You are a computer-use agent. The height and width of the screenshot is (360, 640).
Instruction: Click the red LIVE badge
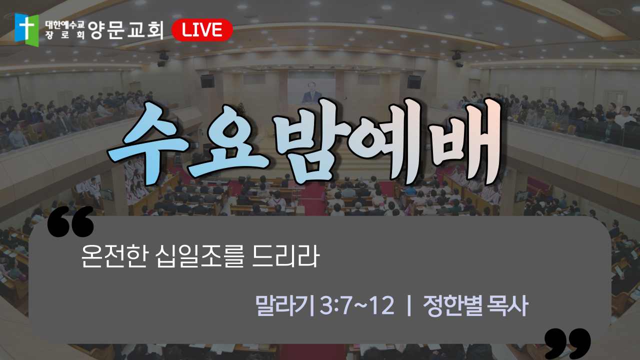click(x=202, y=30)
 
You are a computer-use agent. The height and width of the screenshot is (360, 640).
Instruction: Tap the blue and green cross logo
click(x=27, y=29)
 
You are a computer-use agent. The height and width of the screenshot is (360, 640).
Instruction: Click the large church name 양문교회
click(x=125, y=30)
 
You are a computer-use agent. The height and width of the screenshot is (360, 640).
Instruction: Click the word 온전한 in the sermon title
click(x=114, y=256)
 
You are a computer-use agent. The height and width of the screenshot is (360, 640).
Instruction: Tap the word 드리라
click(x=285, y=256)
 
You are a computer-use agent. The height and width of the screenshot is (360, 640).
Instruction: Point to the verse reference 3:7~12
click(x=357, y=305)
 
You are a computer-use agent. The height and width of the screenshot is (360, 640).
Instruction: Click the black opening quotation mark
click(x=70, y=221)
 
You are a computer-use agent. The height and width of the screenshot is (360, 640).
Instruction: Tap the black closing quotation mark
click(x=567, y=344)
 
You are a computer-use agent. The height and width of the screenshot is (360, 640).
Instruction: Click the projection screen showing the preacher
click(x=311, y=91)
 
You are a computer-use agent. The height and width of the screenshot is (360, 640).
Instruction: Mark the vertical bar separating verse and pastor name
click(x=409, y=305)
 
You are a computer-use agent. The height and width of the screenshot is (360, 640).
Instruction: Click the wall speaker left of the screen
click(x=207, y=81)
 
